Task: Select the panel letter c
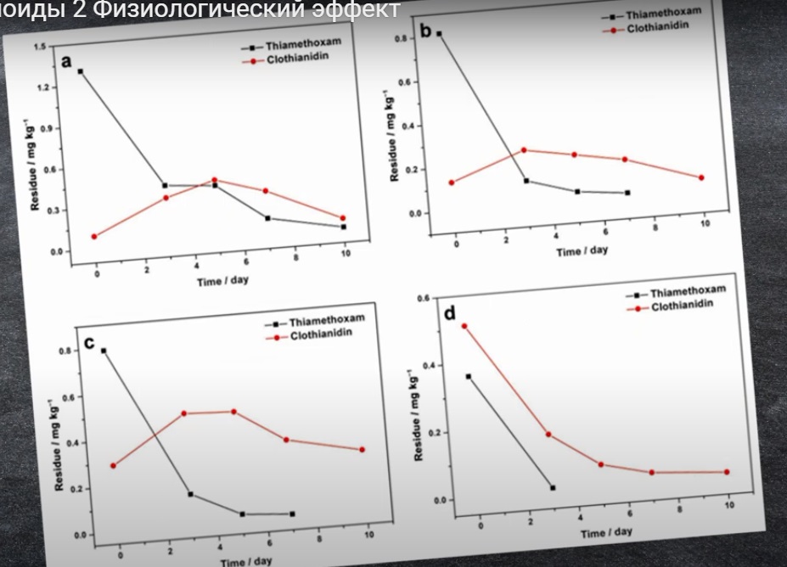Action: pyautogui.click(x=89, y=342)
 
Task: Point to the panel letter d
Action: pyautogui.click(x=450, y=314)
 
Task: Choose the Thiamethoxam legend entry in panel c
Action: pyautogui.click(x=326, y=321)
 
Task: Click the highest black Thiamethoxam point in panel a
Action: pyautogui.click(x=80, y=71)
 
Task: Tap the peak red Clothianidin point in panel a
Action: pyautogui.click(x=214, y=180)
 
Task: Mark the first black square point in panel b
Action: pyautogui.click(x=439, y=34)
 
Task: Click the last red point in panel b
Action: pyautogui.click(x=701, y=177)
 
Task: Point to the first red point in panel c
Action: pyautogui.click(x=113, y=465)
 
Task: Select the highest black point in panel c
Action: pyautogui.click(x=104, y=351)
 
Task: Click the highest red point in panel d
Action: pyautogui.click(x=464, y=326)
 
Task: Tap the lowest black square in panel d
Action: pyautogui.click(x=553, y=487)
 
